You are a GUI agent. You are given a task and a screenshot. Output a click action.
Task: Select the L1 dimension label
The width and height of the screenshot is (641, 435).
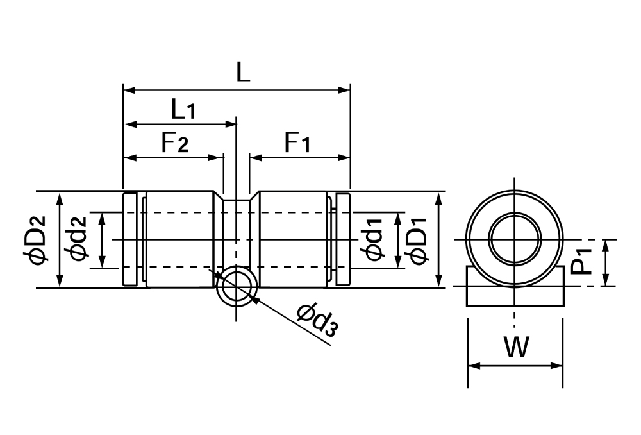pyautogui.click(x=183, y=110)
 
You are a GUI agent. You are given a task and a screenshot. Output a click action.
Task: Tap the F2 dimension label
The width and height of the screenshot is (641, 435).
pyautogui.click(x=175, y=143)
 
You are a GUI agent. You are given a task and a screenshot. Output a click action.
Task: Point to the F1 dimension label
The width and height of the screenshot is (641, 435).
pyautogui.click(x=297, y=143)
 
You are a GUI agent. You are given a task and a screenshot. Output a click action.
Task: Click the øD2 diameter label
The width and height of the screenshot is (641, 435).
pyautogui.click(x=35, y=240)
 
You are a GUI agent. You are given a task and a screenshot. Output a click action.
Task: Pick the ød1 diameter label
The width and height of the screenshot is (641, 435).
pyautogui.click(x=374, y=239)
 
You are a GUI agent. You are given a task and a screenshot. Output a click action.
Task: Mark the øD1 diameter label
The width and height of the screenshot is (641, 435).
pyautogui.click(x=416, y=240)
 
